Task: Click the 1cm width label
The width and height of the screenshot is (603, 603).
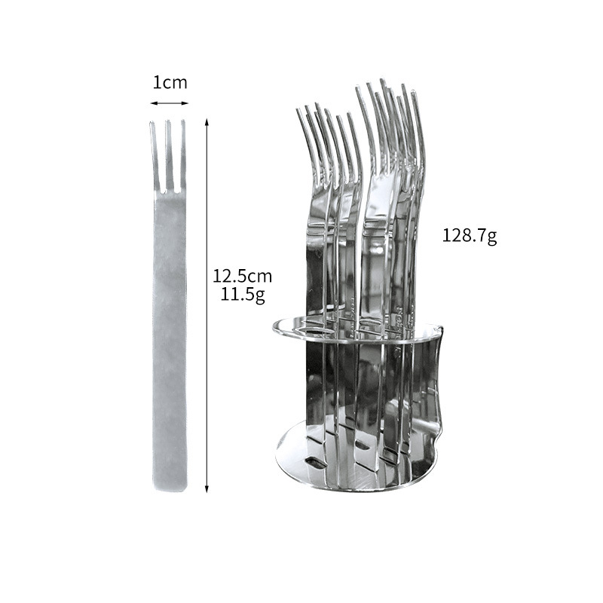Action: click(x=170, y=83)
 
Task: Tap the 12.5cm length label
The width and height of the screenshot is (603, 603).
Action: click(x=242, y=276)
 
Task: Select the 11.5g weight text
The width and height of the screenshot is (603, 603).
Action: click(x=243, y=295)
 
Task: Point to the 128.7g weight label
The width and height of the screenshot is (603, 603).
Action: click(x=470, y=236)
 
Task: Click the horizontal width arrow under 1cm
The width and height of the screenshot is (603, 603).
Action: click(x=169, y=103)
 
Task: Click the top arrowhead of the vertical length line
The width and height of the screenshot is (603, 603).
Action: click(x=207, y=121)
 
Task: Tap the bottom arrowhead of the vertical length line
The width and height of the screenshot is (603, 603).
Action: click(x=207, y=488)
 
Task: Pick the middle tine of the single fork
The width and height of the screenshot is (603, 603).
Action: click(x=168, y=155)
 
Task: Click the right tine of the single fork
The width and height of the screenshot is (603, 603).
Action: click(x=183, y=155)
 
